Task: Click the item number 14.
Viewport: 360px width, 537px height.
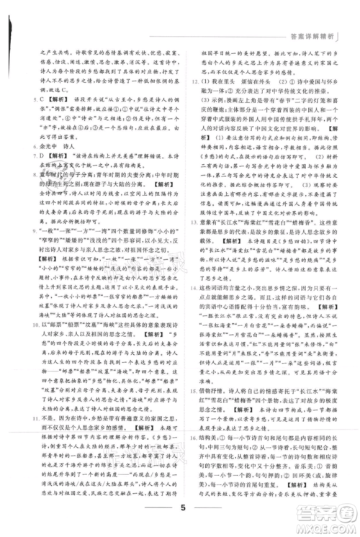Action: [x=192, y=310]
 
